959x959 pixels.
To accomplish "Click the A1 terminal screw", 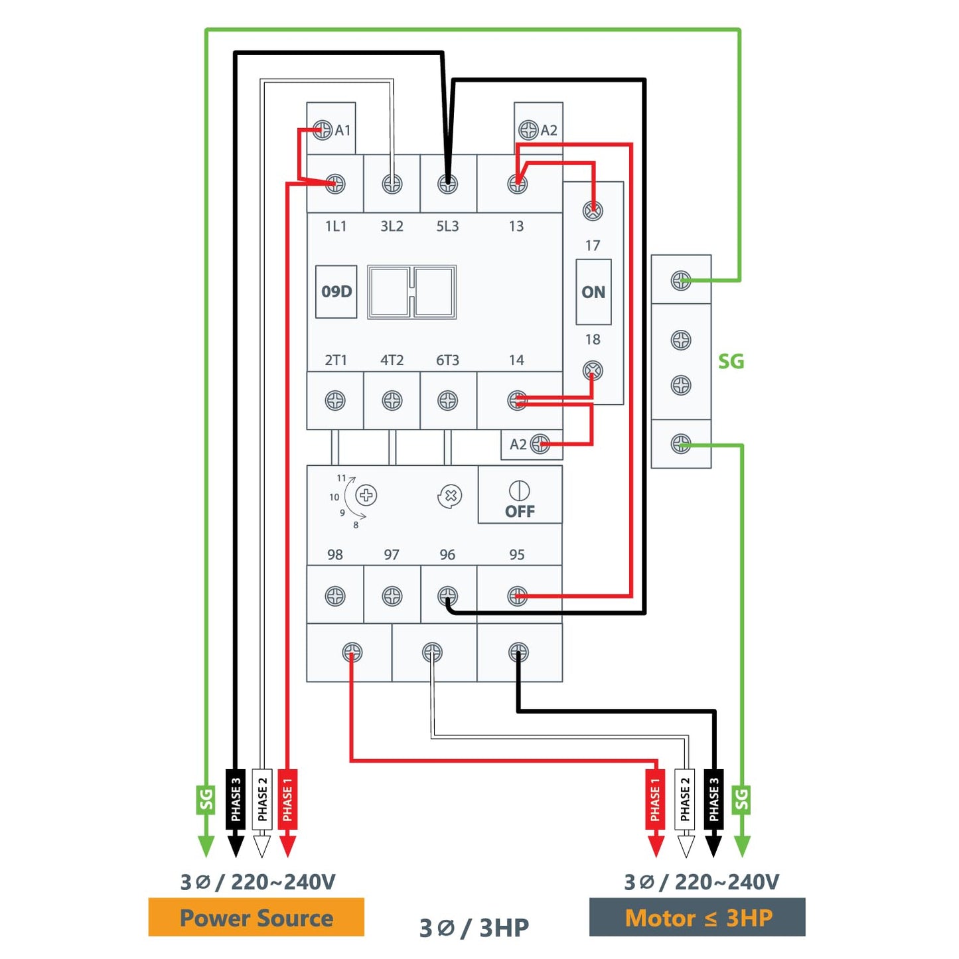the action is (323, 130).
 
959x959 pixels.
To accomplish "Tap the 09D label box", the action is (336, 291).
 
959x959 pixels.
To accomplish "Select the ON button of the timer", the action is (593, 291).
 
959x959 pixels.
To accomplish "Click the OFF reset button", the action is (520, 494).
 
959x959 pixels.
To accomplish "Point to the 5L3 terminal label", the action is (447, 226).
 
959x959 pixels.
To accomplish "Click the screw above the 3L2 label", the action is (392, 184).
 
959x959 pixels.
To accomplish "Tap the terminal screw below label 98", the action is (335, 596).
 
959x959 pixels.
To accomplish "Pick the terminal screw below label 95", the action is (518, 596).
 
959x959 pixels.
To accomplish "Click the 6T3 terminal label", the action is (447, 360).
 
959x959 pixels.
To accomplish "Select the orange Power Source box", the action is (256, 917).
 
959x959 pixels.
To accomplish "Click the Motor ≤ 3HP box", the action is (698, 917).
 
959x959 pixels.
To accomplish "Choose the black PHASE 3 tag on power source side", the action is (236, 800).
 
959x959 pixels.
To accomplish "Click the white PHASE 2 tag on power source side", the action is (262, 800).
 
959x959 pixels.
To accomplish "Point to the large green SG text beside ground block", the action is (731, 361).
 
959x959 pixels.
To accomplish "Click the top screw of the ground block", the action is (681, 281).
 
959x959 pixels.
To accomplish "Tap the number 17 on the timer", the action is (592, 246).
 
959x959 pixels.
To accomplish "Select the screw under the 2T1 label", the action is (335, 401).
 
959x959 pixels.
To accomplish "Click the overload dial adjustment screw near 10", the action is (367, 495).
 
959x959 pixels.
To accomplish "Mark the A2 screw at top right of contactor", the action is (528, 130).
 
